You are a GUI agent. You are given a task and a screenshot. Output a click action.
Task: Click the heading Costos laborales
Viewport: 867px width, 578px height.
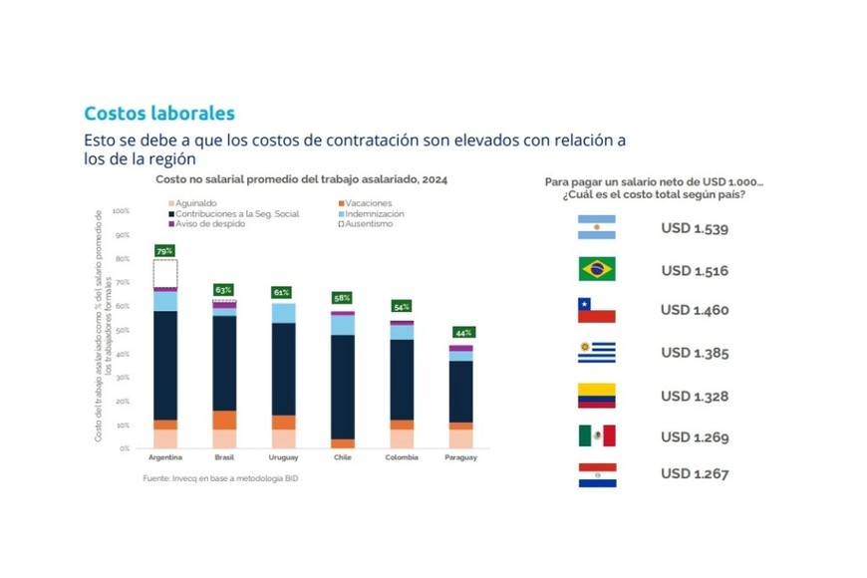point(159,114)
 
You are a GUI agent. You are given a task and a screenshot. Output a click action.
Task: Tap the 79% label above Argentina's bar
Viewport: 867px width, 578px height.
point(164,251)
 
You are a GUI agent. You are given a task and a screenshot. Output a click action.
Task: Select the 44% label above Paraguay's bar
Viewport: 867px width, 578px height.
point(463,332)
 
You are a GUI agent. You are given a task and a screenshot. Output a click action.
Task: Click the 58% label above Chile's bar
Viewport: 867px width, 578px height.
point(342,298)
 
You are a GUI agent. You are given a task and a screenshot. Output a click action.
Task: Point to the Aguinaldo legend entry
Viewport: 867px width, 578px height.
point(197,202)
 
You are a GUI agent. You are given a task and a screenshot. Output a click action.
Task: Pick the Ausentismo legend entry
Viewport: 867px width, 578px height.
point(367,223)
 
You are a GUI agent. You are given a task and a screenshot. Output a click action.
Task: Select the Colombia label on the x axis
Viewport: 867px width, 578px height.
point(402,457)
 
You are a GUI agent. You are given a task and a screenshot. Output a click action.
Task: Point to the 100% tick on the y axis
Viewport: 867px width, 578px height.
point(122,211)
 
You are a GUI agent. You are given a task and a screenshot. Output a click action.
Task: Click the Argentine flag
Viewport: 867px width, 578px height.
point(596,228)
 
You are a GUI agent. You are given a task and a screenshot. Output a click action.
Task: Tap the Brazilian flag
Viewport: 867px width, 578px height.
point(596,269)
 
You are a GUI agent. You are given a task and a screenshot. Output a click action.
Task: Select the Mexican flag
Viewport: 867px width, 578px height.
point(596,435)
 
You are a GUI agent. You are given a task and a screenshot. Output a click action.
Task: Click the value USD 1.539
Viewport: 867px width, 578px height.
point(695,228)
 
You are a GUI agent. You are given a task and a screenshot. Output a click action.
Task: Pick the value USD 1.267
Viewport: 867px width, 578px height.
point(695,473)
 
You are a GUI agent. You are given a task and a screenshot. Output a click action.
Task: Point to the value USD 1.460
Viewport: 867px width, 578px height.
point(695,310)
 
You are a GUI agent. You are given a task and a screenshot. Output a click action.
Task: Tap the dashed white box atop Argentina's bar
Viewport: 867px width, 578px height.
point(165,273)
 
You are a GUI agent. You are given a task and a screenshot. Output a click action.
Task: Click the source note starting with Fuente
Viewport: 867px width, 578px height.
point(220,479)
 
